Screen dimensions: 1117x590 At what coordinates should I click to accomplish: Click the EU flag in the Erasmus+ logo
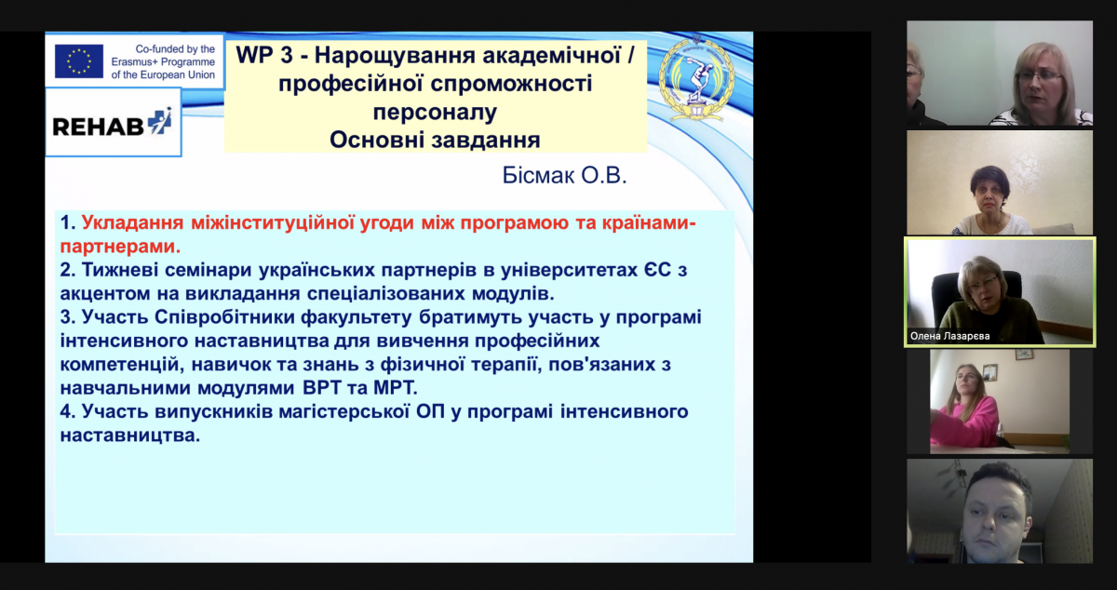[79, 60]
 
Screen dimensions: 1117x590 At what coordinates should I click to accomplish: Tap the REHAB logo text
[99, 127]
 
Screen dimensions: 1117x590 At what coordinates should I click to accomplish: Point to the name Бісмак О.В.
[564, 175]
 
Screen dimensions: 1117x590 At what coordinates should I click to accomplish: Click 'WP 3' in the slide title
[263, 55]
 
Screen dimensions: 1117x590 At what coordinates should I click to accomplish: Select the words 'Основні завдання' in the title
[435, 140]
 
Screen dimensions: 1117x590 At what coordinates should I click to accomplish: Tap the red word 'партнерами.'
[120, 247]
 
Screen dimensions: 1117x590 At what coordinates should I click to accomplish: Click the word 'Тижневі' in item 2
[120, 270]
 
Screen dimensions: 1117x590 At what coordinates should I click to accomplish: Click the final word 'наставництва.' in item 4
[129, 436]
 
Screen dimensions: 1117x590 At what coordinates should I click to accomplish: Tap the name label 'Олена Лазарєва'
[950, 336]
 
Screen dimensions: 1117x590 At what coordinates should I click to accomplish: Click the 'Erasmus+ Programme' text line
[163, 61]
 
